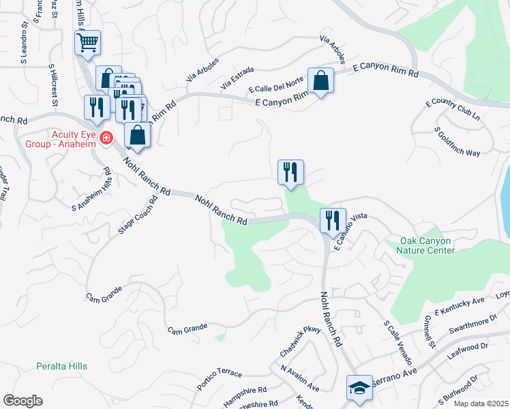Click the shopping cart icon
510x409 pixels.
pyautogui.click(x=87, y=44)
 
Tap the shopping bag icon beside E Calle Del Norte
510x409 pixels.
pyautogui.click(x=320, y=81)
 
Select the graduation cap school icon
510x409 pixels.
pyautogui.click(x=359, y=388)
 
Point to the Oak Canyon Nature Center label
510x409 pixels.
pyautogui.click(x=418, y=245)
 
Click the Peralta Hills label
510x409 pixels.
pyautogui.click(x=61, y=366)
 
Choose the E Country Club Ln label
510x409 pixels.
pyautogui.click(x=453, y=112)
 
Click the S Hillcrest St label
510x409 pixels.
pyautogui.click(x=52, y=85)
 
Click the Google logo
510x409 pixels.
pyautogui.click(x=22, y=401)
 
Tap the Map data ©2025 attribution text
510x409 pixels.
pyautogui.click(x=481, y=404)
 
